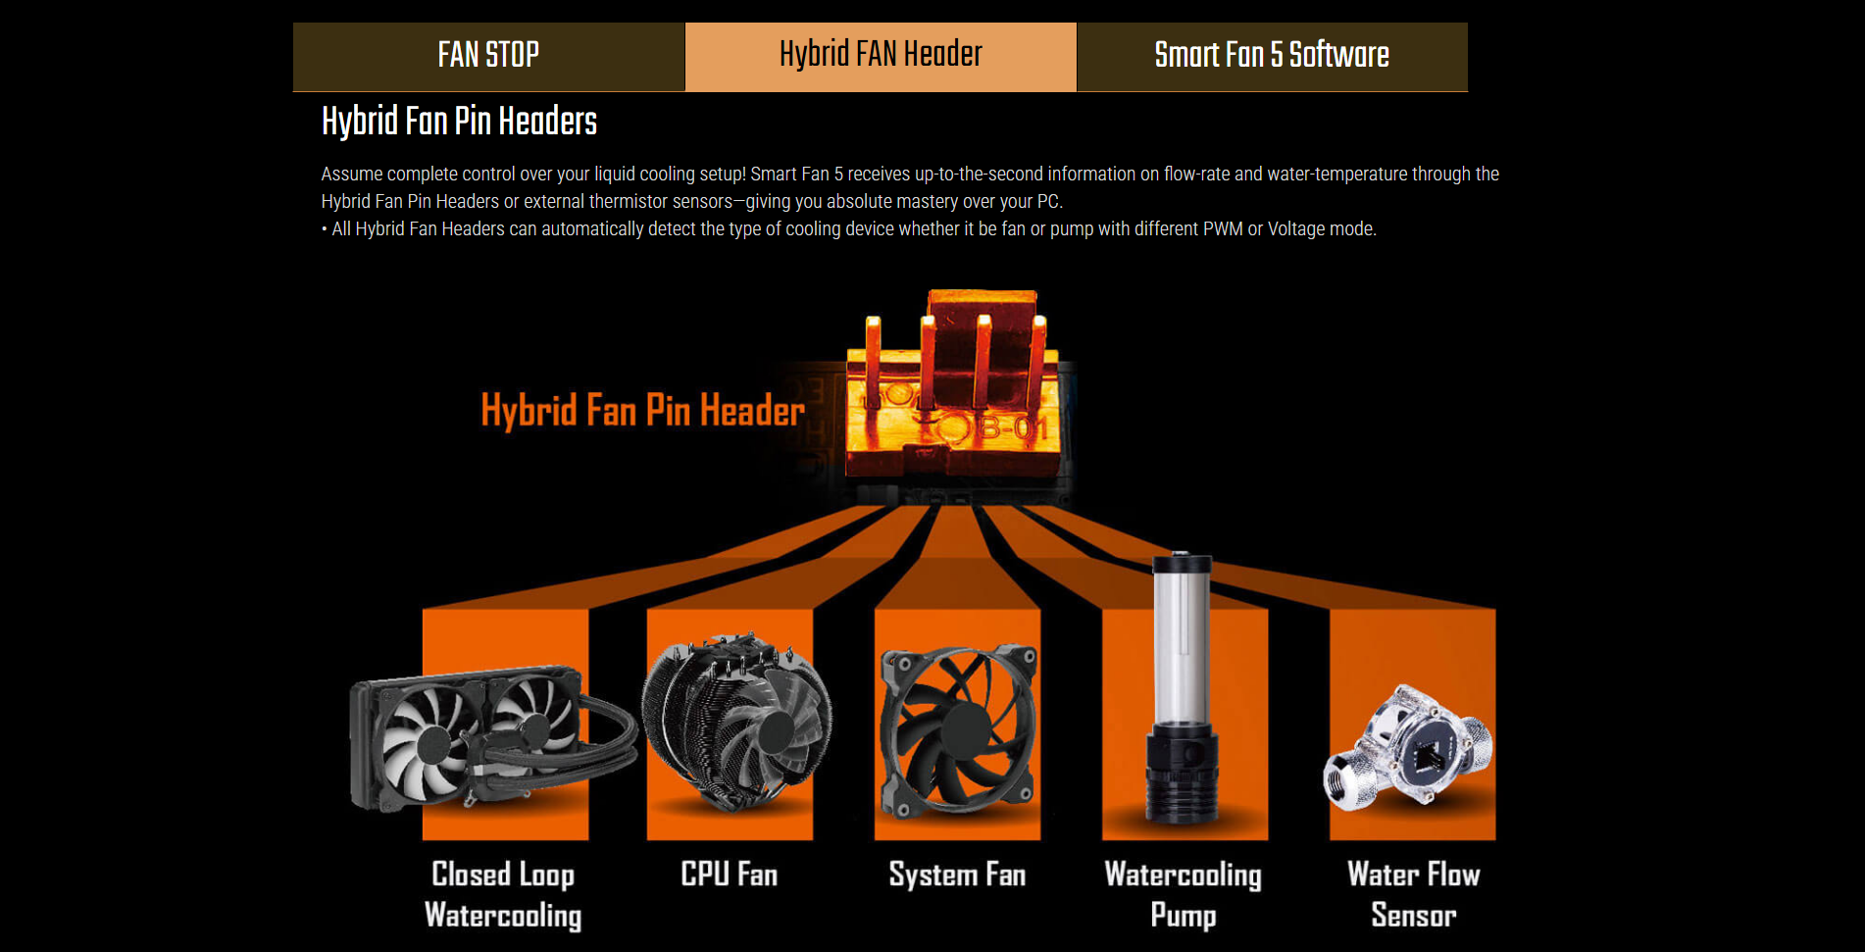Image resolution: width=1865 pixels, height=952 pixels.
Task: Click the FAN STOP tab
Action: (x=488, y=56)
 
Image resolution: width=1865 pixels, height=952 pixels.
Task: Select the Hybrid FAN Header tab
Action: (x=881, y=56)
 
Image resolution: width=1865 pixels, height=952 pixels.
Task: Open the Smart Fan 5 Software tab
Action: (x=1272, y=56)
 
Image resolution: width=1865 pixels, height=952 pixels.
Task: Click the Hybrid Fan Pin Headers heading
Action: (x=459, y=122)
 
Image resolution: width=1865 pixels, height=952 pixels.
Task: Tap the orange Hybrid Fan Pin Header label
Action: (x=642, y=410)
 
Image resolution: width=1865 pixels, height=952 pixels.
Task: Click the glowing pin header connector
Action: (x=952, y=387)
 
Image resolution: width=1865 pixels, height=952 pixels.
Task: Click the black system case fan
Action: (x=958, y=730)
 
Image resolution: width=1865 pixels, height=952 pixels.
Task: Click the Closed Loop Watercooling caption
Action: (x=503, y=894)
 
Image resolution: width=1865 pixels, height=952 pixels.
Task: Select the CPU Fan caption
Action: (x=730, y=874)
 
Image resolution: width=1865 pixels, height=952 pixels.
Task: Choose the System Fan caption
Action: (x=957, y=874)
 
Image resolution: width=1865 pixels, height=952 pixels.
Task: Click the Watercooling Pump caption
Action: (x=1183, y=894)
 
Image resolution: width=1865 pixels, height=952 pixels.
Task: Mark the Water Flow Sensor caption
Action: (x=1413, y=894)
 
